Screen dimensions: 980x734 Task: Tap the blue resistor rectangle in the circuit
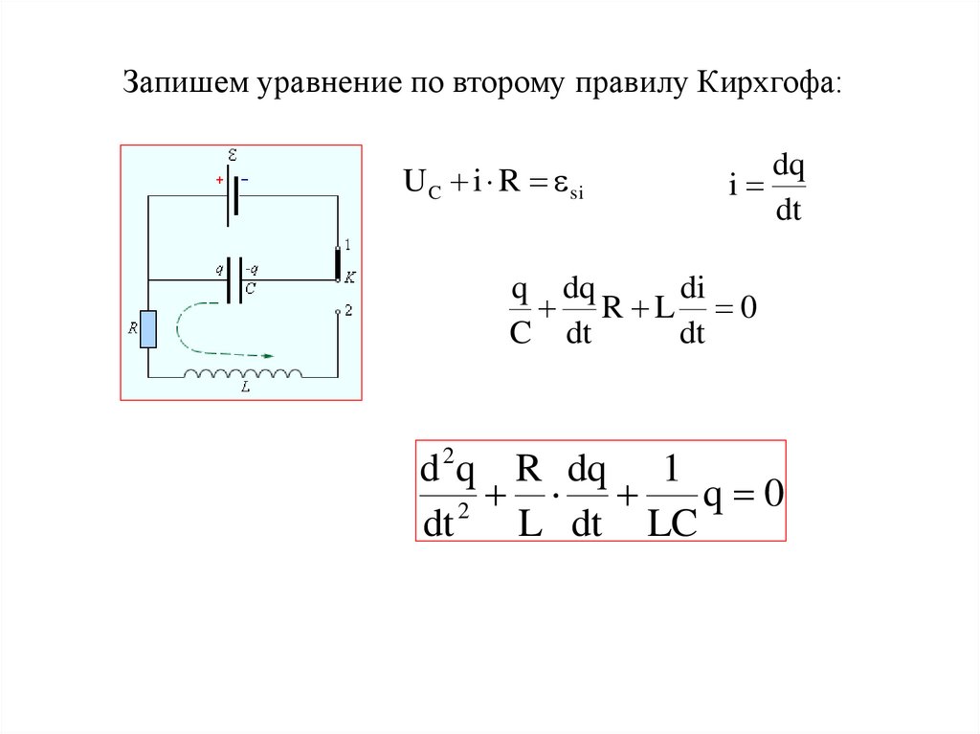pyautogui.click(x=148, y=328)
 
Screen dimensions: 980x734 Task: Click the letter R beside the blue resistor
pyautogui.click(x=133, y=328)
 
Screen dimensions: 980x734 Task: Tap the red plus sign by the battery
pyautogui.click(x=218, y=179)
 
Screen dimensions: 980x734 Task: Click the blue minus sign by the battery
pyautogui.click(x=244, y=179)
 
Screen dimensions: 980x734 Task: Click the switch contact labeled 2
pyautogui.click(x=337, y=311)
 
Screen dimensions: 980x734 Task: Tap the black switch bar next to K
pyautogui.click(x=337, y=262)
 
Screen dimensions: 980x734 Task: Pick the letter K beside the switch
pyautogui.click(x=349, y=277)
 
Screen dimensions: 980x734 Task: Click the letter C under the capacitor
pyautogui.click(x=250, y=286)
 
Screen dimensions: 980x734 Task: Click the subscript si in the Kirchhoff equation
pyautogui.click(x=575, y=193)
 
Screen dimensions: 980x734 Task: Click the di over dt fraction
pyautogui.click(x=691, y=310)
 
